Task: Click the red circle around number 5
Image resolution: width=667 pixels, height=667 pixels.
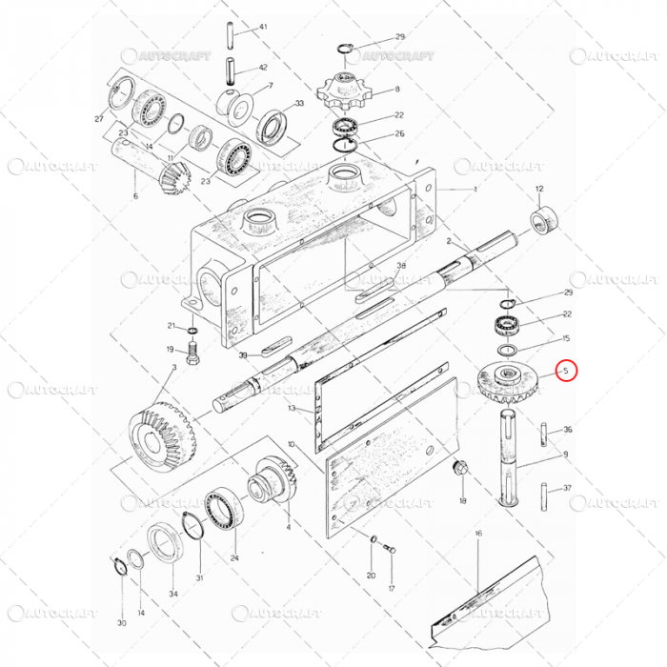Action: coord(567,369)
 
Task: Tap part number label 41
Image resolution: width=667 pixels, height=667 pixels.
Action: coord(263,28)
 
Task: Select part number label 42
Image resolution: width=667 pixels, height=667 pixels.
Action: coord(263,68)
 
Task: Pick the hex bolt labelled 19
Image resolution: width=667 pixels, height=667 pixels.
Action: coord(194,359)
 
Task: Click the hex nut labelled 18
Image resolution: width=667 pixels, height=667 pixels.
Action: coord(460,469)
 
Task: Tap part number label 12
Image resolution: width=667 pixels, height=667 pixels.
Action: coord(539,190)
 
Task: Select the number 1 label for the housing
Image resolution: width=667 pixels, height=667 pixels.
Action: coord(475,190)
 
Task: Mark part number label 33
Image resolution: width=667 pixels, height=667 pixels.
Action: coord(299,104)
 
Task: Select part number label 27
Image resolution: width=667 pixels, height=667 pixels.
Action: coord(98,119)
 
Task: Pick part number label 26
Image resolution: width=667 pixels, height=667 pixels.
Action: coord(399,133)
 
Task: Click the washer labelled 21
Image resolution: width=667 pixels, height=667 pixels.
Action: coord(193,331)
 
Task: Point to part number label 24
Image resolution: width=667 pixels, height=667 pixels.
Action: coord(234,558)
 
